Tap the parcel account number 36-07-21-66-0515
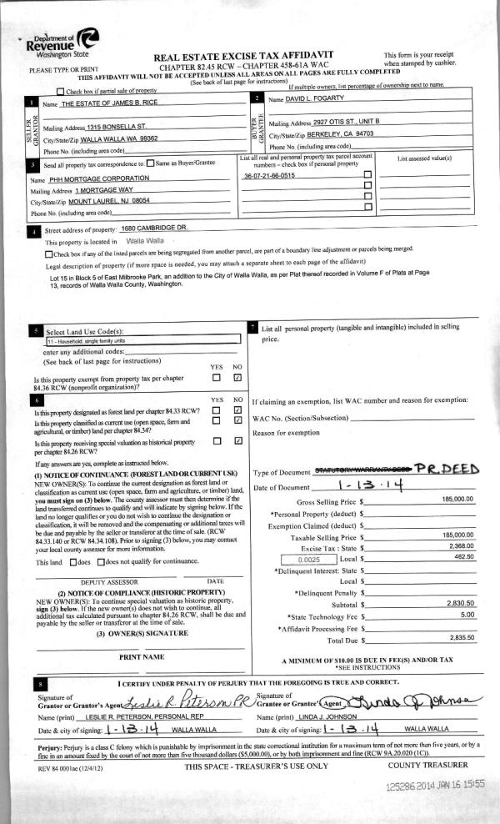click(x=268, y=177)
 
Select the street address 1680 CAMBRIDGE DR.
click(x=155, y=229)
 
